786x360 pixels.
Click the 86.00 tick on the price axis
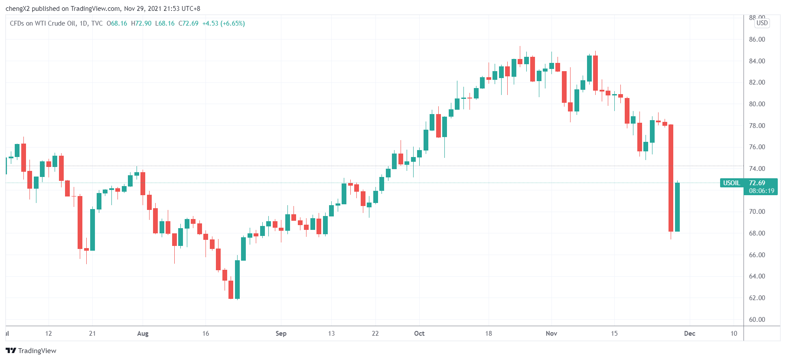(757, 39)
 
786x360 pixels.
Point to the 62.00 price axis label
(757, 298)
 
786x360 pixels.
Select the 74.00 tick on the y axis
(757, 169)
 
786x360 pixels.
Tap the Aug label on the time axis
(143, 334)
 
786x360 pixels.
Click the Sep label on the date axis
(281, 334)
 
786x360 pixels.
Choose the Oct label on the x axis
(419, 334)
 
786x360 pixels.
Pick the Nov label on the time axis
(551, 334)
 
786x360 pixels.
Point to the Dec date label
(689, 334)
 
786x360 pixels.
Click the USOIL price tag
(731, 183)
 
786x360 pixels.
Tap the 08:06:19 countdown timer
(761, 191)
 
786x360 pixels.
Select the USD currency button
(762, 23)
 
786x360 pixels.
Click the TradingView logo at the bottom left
(31, 350)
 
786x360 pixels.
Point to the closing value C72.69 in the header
(188, 23)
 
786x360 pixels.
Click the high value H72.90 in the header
(141, 23)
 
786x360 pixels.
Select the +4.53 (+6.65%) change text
(224, 23)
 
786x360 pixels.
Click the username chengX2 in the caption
(17, 9)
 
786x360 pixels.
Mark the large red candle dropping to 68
(671, 178)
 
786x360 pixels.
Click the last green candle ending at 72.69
(677, 207)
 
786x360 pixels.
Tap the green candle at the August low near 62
(237, 279)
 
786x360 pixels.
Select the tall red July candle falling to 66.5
(80, 222)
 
